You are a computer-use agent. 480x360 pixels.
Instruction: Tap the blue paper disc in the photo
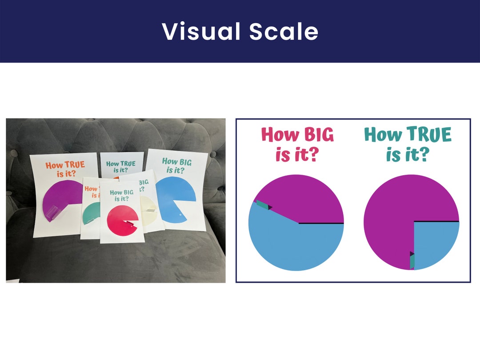tap(176, 198)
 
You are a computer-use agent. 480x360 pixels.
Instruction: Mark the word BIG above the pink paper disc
tap(128, 192)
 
